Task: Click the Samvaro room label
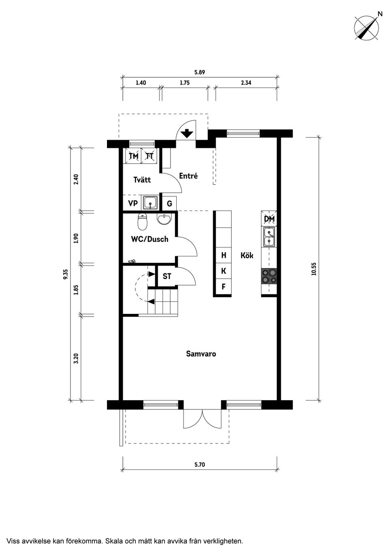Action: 201,354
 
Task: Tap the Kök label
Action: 247,256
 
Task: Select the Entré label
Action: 188,176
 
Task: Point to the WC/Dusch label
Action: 150,239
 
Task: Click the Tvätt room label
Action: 142,180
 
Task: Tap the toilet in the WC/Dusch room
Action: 143,222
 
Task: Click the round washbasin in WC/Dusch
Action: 164,219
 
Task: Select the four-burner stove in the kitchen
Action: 269,277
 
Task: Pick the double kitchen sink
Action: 269,237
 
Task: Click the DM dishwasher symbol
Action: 269,219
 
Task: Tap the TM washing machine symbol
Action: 134,156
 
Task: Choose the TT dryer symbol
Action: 149,156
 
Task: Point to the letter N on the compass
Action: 380,14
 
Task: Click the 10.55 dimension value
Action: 314,269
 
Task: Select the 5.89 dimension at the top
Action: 199,72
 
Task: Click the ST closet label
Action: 167,276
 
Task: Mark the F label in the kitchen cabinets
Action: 224,286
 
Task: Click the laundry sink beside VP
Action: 150,203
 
